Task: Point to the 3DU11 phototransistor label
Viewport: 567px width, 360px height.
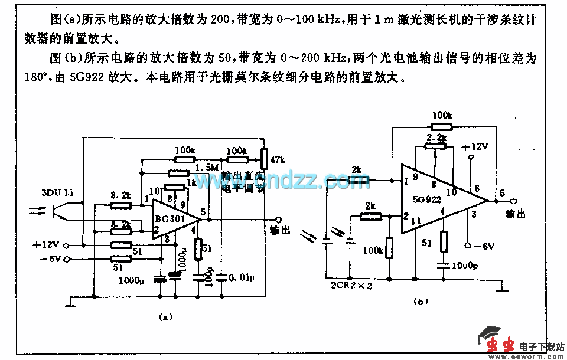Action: pos(57,192)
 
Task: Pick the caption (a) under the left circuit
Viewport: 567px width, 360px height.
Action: pos(166,317)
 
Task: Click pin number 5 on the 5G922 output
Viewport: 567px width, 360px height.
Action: pos(501,191)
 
